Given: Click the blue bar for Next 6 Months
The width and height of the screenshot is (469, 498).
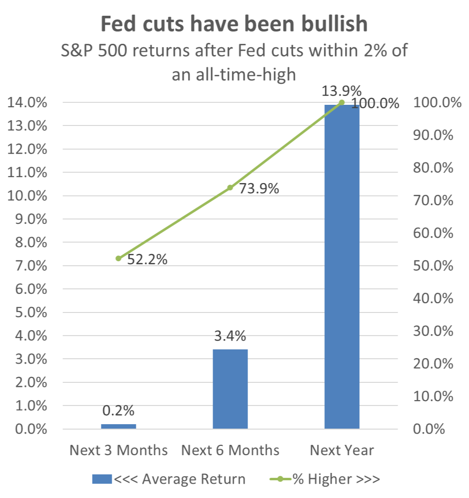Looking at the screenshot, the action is (230, 389).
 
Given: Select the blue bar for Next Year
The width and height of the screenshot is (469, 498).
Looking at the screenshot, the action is (342, 267).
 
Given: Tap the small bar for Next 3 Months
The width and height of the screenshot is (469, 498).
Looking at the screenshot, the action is (119, 427).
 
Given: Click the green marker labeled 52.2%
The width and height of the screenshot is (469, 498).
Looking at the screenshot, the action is (119, 258).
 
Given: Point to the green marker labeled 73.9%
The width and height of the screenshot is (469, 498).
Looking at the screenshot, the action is (230, 187).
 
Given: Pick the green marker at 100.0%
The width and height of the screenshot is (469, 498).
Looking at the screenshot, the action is (342, 102).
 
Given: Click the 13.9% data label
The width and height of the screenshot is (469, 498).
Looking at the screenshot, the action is (342, 91).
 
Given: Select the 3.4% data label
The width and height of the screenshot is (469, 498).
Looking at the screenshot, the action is (230, 336).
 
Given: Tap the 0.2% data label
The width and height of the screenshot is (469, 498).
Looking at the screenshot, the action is (118, 411).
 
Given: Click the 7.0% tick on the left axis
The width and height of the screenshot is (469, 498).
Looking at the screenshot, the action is (31, 266).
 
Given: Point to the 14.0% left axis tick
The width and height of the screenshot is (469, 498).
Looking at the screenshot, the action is (27, 102).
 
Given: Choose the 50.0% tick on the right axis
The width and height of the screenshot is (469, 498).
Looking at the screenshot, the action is (433, 266).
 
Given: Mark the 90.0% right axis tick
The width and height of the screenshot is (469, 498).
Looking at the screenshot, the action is (433, 135).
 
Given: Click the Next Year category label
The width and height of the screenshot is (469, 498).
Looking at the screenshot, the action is (342, 450).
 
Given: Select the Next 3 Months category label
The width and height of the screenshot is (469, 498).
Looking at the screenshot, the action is (119, 450).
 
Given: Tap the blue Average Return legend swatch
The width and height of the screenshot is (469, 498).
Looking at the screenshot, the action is (102, 479).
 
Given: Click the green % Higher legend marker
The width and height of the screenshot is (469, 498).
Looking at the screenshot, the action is (280, 479).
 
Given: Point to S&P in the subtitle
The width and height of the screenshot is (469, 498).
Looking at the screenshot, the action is (77, 51).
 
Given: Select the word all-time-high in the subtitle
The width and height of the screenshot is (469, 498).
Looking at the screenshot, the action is (246, 75).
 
